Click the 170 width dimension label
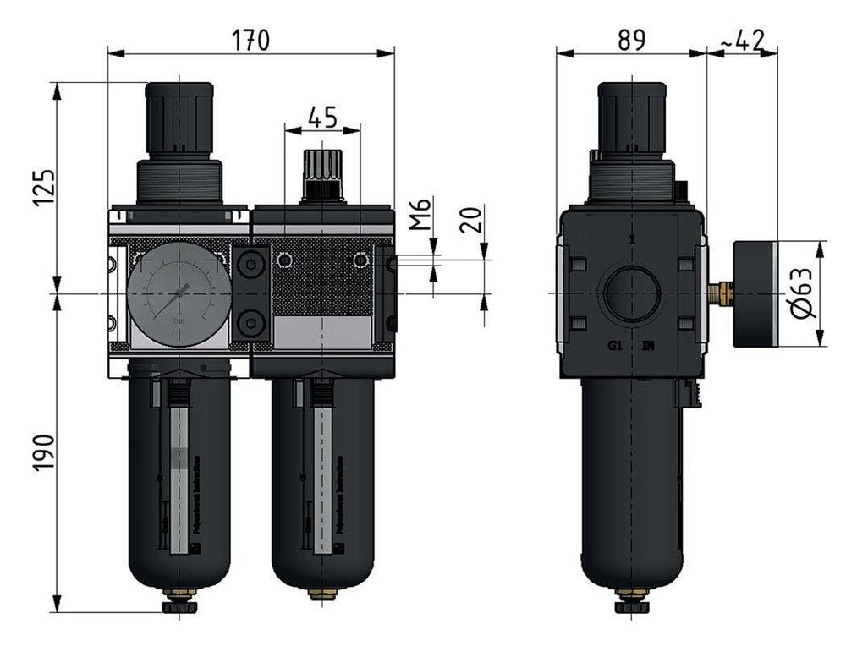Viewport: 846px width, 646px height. pyautogui.click(x=250, y=39)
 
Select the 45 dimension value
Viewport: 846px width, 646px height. pyautogui.click(x=321, y=118)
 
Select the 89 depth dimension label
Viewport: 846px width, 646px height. pyautogui.click(x=630, y=39)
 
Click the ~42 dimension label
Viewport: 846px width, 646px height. pyautogui.click(x=742, y=39)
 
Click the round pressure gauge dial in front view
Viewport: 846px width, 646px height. pyautogui.click(x=179, y=293)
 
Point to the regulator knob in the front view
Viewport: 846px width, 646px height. pyautogui.click(x=179, y=116)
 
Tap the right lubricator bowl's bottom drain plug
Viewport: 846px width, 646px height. pyautogui.click(x=322, y=594)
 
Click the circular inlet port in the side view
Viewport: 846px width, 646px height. pyautogui.click(x=630, y=293)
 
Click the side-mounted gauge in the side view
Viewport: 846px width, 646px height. pyautogui.click(x=753, y=293)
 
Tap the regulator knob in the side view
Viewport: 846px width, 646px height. pyautogui.click(x=630, y=116)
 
